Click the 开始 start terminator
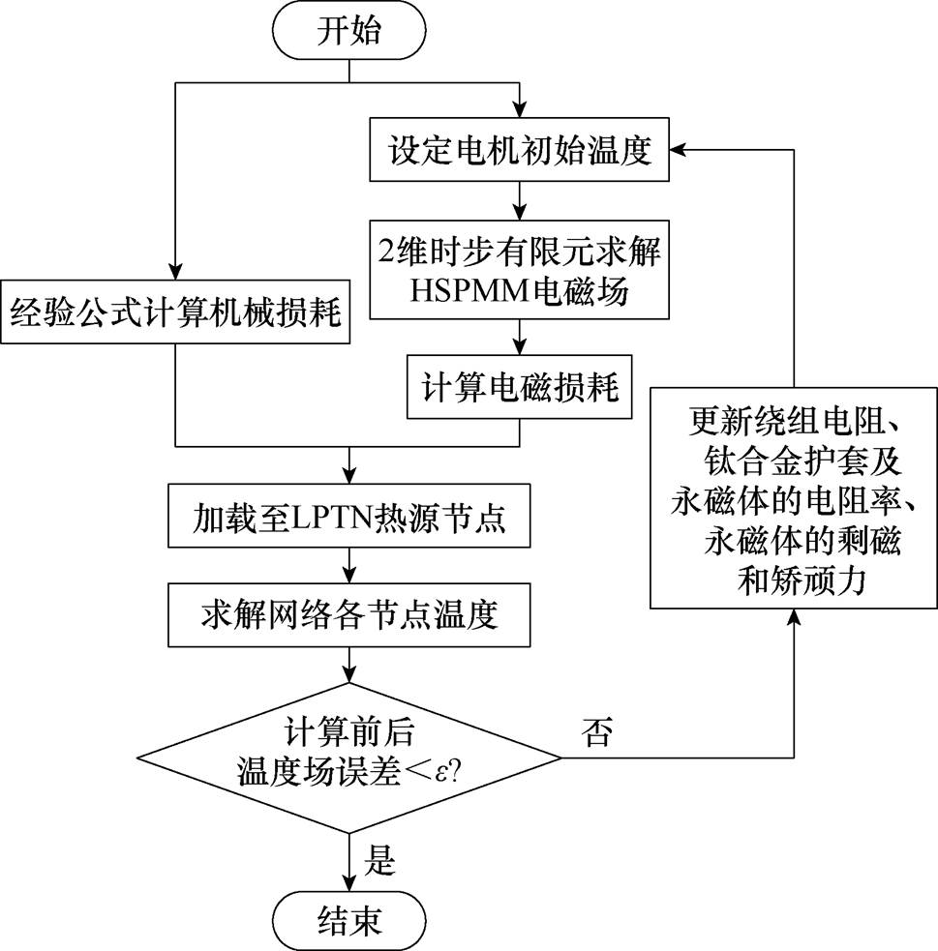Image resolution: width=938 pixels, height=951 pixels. coord(348,31)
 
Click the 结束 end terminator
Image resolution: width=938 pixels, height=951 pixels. coord(348,918)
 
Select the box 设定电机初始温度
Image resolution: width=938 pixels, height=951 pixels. coord(520,152)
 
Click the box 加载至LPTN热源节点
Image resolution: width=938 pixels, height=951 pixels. coord(348,523)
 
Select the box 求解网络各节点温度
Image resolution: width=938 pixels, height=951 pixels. coord(348,612)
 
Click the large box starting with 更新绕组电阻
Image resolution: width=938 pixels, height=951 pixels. coord(794,498)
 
